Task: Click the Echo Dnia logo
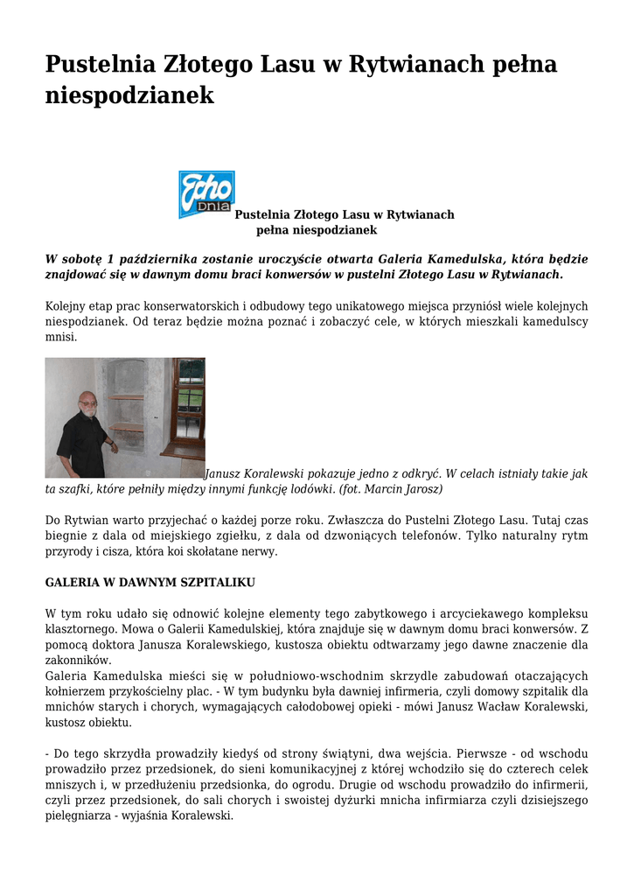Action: coord(206,194)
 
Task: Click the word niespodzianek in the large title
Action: coord(129,95)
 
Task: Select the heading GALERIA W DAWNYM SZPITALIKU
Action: coord(150,582)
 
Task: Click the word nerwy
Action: coord(260,551)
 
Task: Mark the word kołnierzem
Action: coord(77,692)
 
